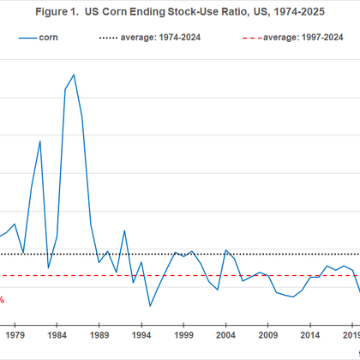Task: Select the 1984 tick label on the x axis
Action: (57, 334)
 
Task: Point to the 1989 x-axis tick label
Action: (99, 334)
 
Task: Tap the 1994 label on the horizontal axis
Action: (141, 334)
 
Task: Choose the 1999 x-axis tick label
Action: (183, 334)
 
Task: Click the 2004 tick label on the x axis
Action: (225, 334)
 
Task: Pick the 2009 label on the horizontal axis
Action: (267, 334)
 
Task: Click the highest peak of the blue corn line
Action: (74, 75)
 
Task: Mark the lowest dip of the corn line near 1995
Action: (150, 306)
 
